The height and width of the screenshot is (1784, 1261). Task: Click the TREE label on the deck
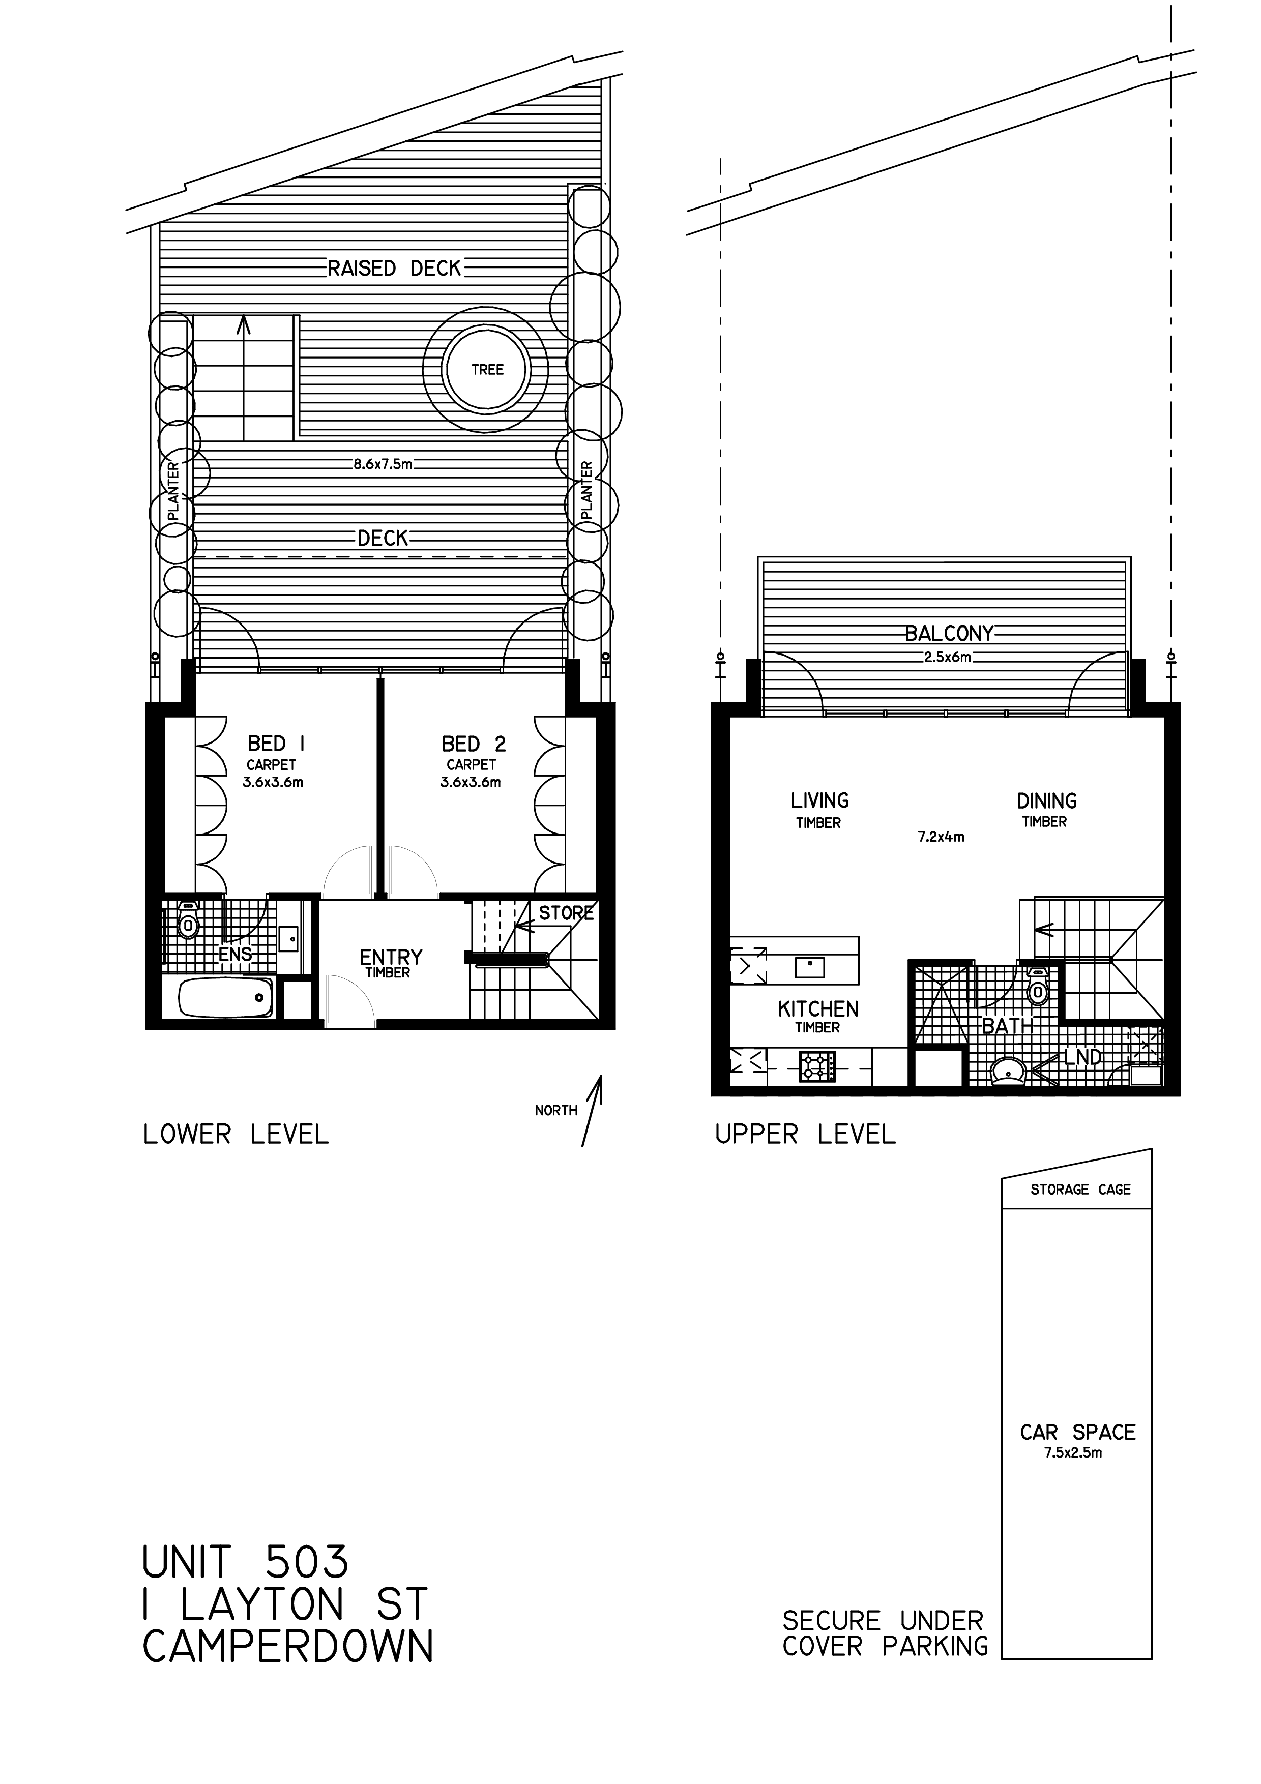point(487,370)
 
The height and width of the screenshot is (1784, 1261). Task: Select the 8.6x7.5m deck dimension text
point(382,465)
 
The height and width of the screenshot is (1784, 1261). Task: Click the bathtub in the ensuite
point(225,998)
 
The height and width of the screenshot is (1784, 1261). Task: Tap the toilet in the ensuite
point(187,921)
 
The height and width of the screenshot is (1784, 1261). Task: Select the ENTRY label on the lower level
point(390,957)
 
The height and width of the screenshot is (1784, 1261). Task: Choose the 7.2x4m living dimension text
point(941,837)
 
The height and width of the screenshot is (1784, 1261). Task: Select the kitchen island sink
point(810,967)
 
